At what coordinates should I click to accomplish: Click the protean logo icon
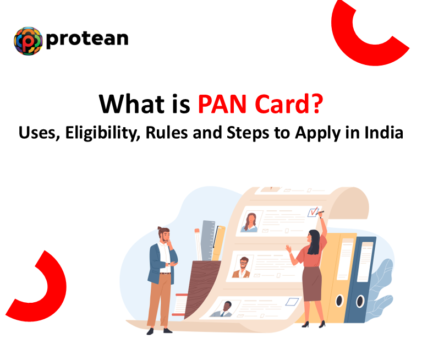[x=28, y=40]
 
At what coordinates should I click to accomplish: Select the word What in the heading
[x=127, y=103]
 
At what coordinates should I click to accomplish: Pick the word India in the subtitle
[x=383, y=133]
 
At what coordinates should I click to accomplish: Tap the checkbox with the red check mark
[x=315, y=212]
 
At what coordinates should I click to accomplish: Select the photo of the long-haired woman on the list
[x=249, y=222]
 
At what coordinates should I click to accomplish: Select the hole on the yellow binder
[x=339, y=301]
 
